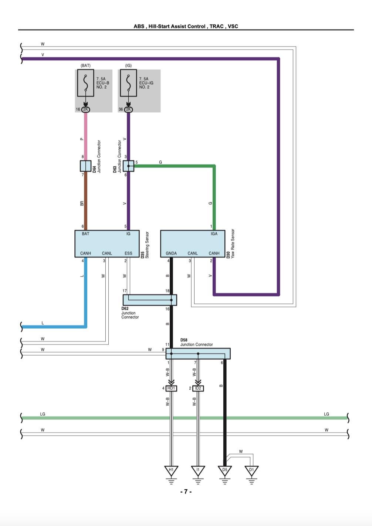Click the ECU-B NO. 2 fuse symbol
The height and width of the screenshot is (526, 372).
point(85,83)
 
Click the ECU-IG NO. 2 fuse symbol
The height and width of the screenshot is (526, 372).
point(128,83)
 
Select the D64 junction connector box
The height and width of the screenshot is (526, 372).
point(85,166)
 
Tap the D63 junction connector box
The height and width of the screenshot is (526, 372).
point(128,166)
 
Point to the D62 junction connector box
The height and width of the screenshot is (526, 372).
point(150,300)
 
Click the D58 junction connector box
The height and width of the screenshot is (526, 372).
point(198,354)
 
